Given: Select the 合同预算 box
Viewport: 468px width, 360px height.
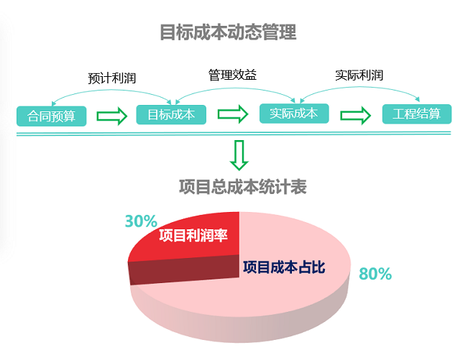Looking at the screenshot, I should (x=51, y=115).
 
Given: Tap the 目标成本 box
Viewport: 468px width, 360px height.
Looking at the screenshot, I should (x=171, y=114).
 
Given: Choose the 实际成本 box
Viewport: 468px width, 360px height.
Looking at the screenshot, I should (x=293, y=113).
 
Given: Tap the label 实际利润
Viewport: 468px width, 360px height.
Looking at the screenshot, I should (x=359, y=75).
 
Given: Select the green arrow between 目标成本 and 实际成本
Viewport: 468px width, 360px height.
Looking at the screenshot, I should (x=232, y=114).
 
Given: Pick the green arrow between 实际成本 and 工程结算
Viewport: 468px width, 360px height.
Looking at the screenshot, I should (x=356, y=115).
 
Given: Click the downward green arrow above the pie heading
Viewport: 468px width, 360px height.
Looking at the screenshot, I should (x=239, y=154).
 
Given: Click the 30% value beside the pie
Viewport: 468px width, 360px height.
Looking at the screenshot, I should (x=141, y=221).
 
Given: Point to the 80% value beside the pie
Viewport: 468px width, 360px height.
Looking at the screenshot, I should (x=375, y=274).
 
